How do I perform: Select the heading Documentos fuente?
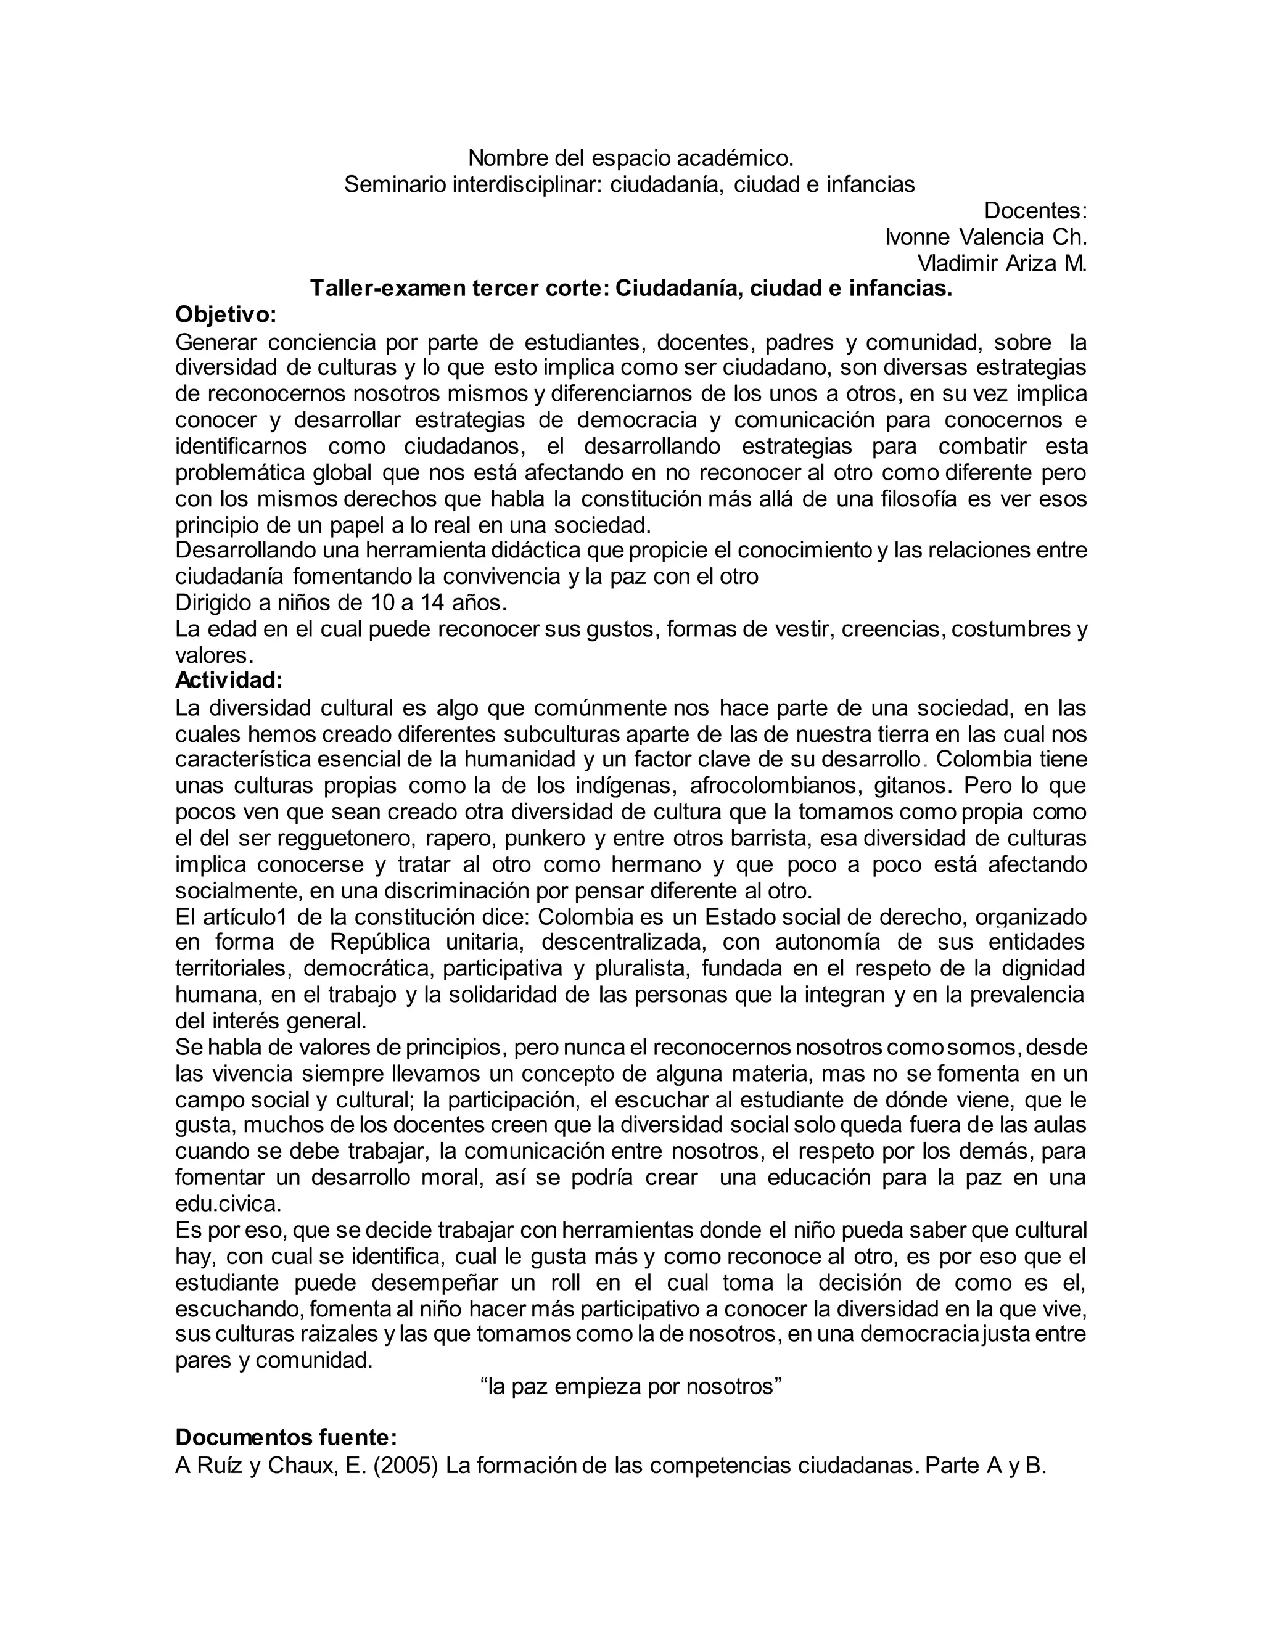[x=286, y=1437]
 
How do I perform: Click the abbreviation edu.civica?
[x=229, y=1204]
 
